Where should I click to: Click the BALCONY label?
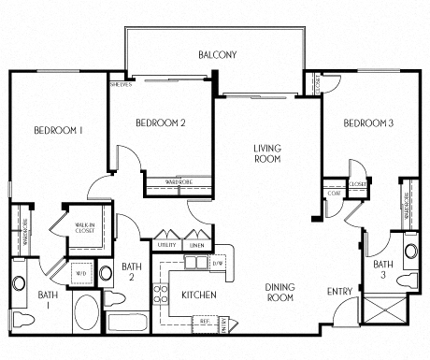[217, 55]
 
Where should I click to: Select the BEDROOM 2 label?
[161, 122]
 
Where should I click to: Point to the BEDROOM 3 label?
[367, 123]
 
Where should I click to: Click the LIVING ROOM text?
[267, 153]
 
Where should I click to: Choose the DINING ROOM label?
[279, 292]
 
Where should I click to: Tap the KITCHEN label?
[198, 295]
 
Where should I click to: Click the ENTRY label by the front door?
[339, 292]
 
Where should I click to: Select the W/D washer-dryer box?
[79, 274]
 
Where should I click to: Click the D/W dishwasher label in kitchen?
[218, 265]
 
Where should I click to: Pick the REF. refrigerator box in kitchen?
[203, 321]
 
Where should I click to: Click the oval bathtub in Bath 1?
[86, 310]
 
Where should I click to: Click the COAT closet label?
[333, 194]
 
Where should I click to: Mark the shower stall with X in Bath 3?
[381, 310]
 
